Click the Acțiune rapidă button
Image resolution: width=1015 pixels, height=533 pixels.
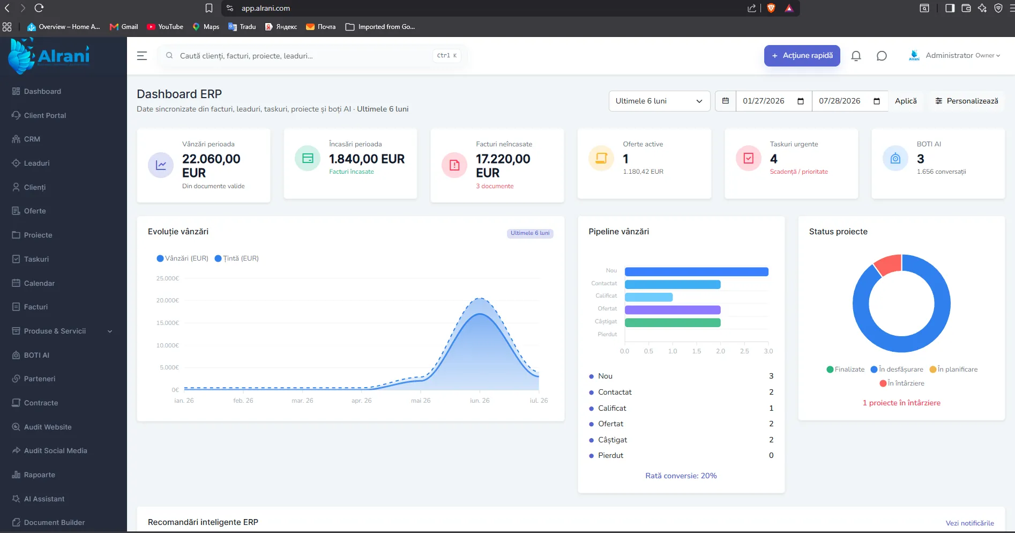802,56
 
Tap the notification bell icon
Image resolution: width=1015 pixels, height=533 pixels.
856,56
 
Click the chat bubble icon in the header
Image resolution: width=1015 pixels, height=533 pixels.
882,56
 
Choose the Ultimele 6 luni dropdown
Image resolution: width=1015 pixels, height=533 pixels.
659,101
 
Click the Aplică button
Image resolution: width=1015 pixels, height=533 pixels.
906,101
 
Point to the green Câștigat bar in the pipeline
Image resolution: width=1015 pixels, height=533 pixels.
673,323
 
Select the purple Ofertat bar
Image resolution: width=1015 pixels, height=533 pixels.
673,310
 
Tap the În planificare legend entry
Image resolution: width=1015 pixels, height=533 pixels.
953,369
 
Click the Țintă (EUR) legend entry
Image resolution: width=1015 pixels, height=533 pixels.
236,258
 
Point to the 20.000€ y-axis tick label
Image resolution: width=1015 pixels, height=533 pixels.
167,300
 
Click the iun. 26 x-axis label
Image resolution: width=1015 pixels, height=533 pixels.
480,401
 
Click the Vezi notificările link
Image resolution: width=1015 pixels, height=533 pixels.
969,523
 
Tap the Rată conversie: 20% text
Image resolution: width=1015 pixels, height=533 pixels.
681,476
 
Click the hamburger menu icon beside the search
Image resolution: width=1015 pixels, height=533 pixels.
142,56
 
